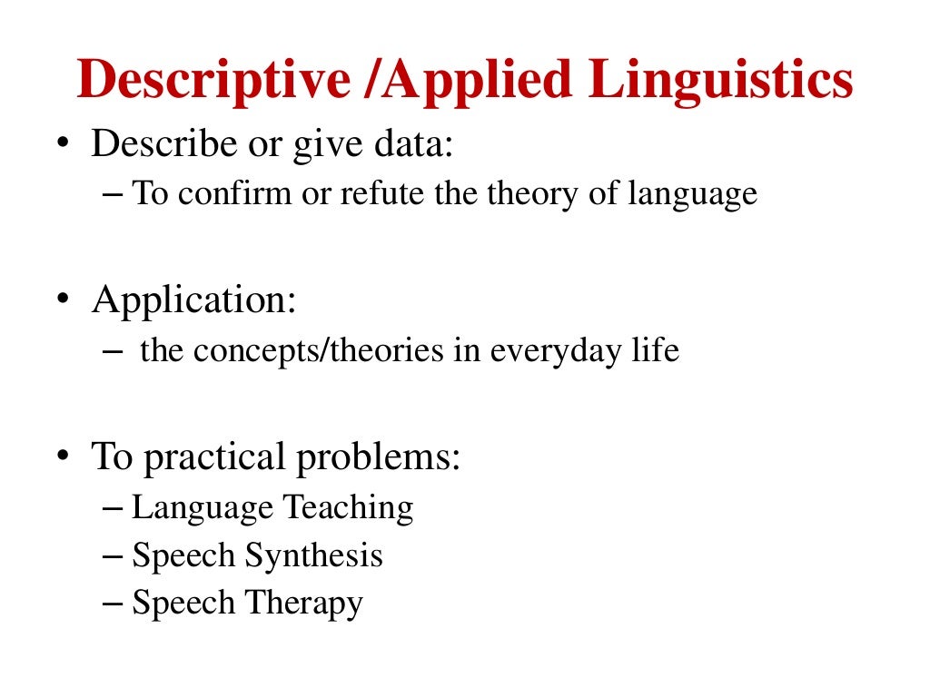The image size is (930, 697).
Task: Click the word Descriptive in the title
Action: (x=213, y=80)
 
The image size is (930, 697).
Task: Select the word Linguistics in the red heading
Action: (x=721, y=80)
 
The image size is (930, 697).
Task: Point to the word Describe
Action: (x=158, y=144)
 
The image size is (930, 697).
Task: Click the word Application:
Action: (x=193, y=299)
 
